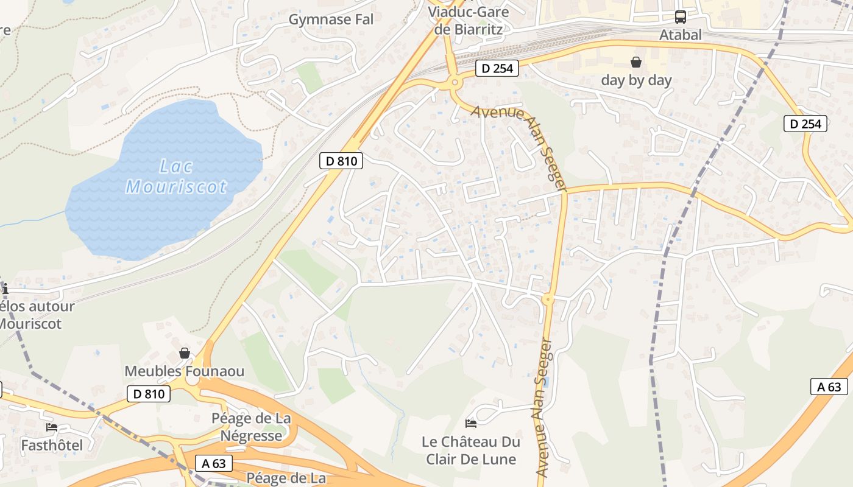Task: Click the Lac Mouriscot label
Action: (177, 177)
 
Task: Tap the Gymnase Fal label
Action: (331, 19)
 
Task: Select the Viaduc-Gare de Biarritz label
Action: (468, 19)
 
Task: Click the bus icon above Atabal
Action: (681, 17)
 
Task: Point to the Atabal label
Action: (681, 35)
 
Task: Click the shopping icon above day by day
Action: (636, 62)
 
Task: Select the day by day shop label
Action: (636, 80)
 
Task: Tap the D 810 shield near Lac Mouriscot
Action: (341, 161)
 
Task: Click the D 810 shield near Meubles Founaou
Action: (149, 394)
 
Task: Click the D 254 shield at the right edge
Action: (805, 124)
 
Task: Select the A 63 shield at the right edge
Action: (829, 387)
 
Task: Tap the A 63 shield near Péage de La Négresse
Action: (214, 463)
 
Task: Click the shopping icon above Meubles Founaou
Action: (185, 353)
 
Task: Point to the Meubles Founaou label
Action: (184, 371)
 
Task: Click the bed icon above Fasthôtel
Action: (52, 427)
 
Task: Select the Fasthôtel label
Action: (52, 446)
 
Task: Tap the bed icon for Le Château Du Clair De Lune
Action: (470, 423)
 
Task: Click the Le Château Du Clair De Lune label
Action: (471, 450)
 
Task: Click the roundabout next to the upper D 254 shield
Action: (454, 82)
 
